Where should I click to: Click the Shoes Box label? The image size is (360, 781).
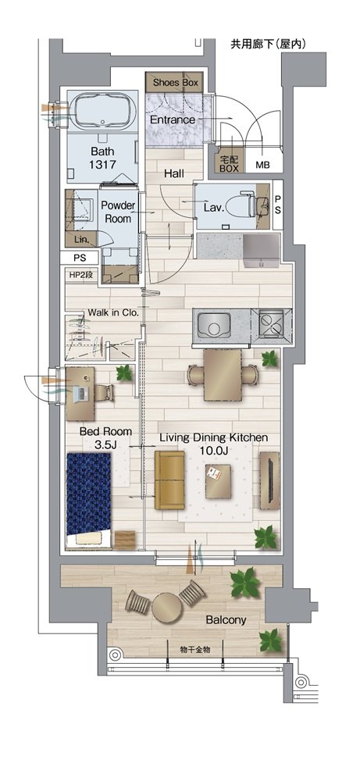tap(175, 82)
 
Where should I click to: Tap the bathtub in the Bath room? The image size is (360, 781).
tap(103, 111)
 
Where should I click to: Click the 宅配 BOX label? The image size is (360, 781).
tap(229, 164)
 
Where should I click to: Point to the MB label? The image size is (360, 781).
tap(262, 165)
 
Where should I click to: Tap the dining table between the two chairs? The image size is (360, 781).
tap(222, 375)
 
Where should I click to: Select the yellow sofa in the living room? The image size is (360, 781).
tap(169, 480)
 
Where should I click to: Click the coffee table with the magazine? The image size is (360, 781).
tap(218, 481)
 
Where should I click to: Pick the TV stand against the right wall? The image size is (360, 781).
tap(269, 480)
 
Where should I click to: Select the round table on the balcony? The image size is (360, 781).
tap(167, 608)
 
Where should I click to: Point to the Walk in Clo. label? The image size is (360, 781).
tap(112, 313)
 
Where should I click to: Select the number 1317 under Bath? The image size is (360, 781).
tap(102, 163)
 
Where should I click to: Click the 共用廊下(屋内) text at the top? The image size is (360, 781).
tap(268, 45)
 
